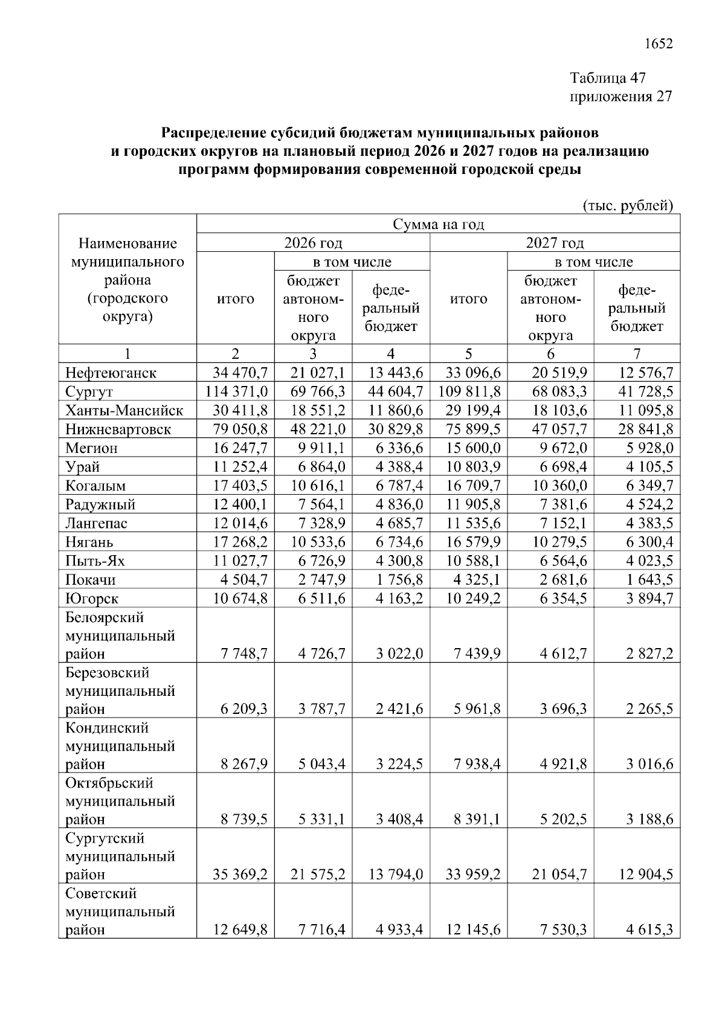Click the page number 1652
(659, 44)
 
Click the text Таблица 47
(608, 78)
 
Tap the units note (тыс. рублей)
(628, 206)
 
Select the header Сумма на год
(438, 224)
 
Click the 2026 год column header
(313, 243)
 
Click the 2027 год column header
(555, 243)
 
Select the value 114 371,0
(236, 391)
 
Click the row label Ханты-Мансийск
(124, 411)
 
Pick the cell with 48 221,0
(318, 429)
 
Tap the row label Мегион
(91, 448)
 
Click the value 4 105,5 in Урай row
(649, 467)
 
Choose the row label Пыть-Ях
(95, 561)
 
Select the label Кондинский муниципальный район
(120, 746)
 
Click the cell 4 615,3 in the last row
(649, 930)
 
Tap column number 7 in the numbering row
(636, 354)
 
